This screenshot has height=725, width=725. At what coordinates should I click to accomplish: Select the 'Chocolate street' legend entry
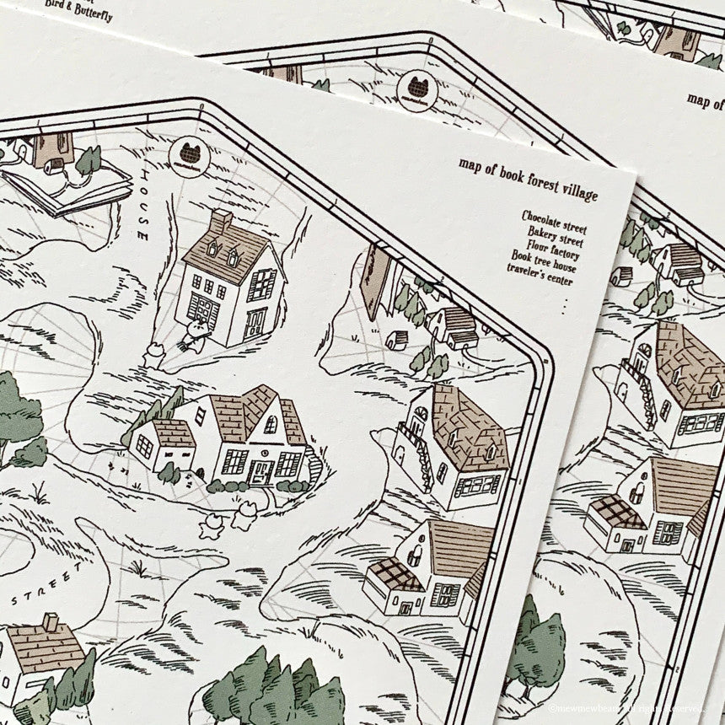[x=554, y=223]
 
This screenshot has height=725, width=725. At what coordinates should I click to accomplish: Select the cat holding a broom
[x=196, y=334]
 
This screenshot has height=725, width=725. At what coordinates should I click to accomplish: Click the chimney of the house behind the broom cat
[x=221, y=223]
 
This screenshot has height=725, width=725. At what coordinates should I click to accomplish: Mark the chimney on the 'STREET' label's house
[x=51, y=622]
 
